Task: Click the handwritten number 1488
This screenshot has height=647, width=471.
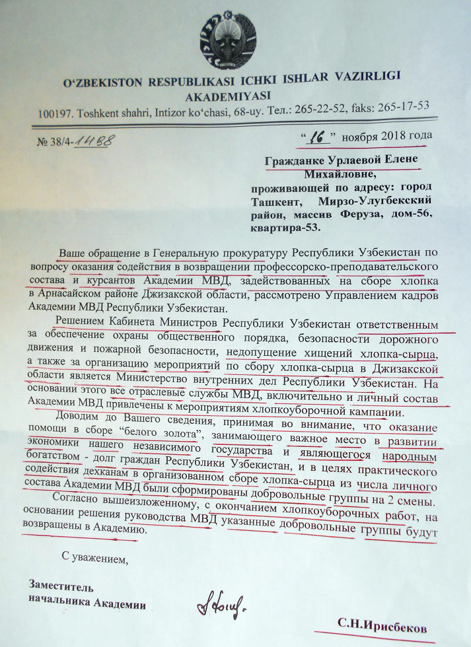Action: (x=94, y=141)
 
